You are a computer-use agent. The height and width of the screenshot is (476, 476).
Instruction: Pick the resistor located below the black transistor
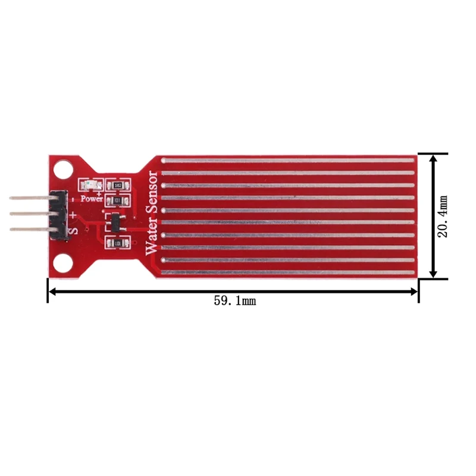[117, 243]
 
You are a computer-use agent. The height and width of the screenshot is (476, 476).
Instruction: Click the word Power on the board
[92, 199]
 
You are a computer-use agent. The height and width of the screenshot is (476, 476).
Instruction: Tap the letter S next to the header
[74, 230]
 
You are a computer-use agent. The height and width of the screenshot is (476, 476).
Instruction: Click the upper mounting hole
[61, 170]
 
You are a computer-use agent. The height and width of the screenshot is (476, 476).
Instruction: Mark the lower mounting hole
[61, 262]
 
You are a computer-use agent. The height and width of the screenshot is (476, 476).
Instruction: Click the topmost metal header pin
[30, 199]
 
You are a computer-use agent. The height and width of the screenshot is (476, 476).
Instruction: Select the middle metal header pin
[30, 214]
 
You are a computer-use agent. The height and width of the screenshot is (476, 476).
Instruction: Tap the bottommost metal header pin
[30, 228]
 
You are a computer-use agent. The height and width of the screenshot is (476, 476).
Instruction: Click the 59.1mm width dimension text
[234, 301]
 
